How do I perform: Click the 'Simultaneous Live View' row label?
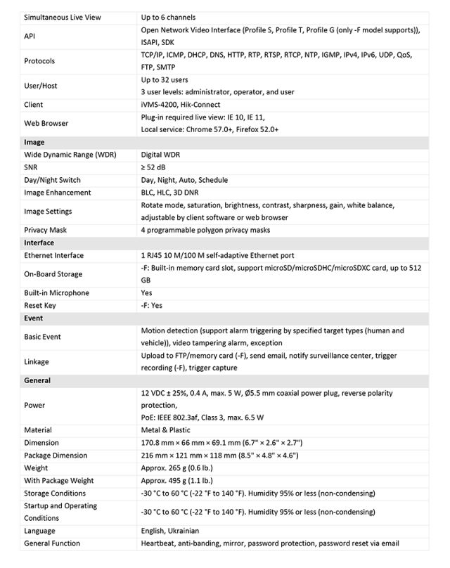(64, 17)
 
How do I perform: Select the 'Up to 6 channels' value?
(169, 17)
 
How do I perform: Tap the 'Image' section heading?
(34, 142)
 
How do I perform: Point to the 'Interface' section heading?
(39, 243)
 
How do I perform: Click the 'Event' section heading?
(34, 318)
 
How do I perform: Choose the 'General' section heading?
(37, 380)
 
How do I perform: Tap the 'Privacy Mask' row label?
(46, 230)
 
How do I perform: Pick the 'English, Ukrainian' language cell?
(170, 531)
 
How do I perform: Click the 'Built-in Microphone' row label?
(56, 293)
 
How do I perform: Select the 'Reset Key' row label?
(40, 306)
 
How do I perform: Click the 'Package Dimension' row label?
(56, 456)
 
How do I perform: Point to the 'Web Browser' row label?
(46, 123)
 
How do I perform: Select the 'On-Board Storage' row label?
(53, 274)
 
